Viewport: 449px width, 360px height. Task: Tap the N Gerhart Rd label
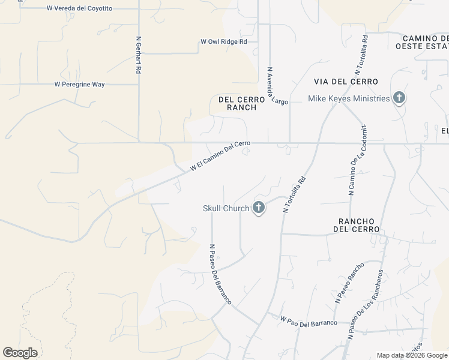pos(139,55)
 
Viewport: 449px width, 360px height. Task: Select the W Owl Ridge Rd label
pos(223,42)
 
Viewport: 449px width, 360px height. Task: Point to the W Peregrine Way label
pos(79,85)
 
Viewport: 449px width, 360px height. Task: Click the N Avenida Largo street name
pos(277,86)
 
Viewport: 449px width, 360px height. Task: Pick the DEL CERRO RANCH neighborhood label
pos(237,103)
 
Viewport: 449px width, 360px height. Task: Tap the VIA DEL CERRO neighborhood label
pos(346,82)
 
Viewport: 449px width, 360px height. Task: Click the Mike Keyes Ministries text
pos(349,98)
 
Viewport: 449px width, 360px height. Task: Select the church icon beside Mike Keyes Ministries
pos(399,98)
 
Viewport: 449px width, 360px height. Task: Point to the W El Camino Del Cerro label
pos(220,156)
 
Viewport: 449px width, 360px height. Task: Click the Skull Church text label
pos(226,209)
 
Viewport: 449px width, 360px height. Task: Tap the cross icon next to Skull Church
pos(259,208)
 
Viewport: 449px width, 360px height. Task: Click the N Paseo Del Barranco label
pos(220,274)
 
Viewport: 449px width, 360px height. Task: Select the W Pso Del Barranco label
pos(309,322)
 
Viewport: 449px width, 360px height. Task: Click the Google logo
pos(20,353)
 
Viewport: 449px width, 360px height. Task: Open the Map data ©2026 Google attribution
pos(412,355)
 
